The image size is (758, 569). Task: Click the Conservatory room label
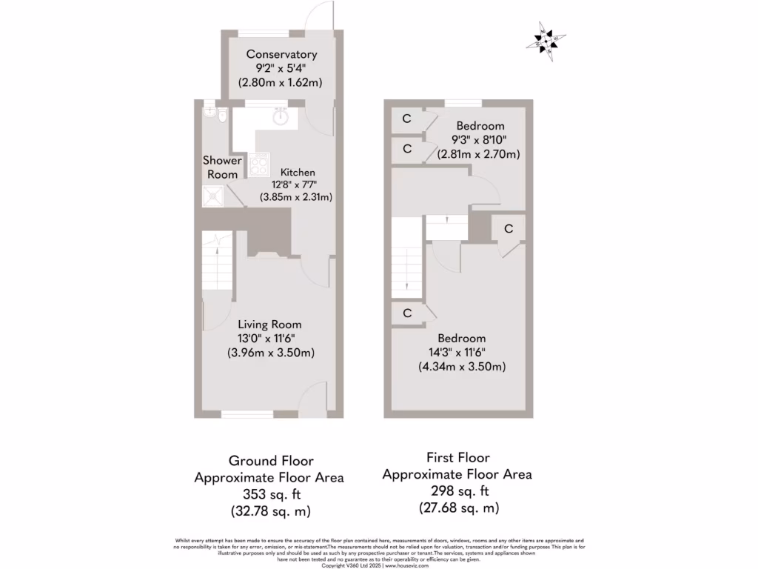tap(281, 54)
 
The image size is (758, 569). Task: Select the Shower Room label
tap(222, 167)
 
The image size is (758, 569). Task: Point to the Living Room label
tap(269, 325)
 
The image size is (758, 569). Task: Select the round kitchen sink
tap(281, 116)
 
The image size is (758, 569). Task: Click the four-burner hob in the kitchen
tap(259, 163)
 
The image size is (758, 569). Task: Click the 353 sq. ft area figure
tap(269, 495)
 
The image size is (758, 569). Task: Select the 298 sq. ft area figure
tap(457, 491)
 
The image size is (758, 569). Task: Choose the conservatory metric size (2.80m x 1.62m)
tap(281, 82)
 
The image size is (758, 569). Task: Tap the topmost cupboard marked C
tap(406, 119)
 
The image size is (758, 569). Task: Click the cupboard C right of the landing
tap(509, 229)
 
